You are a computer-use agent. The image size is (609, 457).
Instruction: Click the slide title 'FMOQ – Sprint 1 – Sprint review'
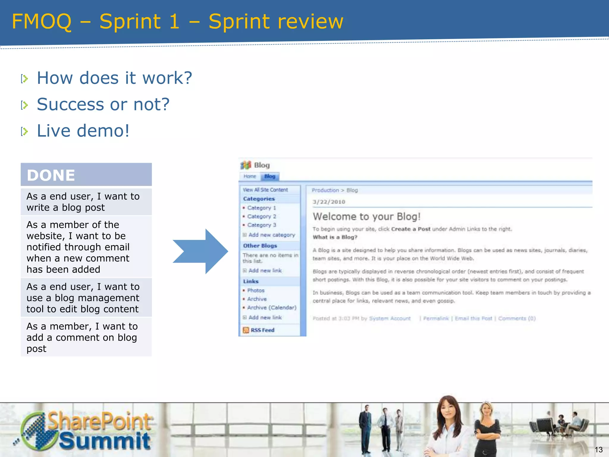click(x=177, y=21)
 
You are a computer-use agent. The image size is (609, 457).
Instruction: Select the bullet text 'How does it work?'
click(x=114, y=78)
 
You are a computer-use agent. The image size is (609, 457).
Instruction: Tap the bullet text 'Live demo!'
click(x=83, y=131)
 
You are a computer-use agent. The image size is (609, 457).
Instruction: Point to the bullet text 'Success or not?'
click(x=103, y=104)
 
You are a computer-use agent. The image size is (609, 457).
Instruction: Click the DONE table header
click(x=86, y=175)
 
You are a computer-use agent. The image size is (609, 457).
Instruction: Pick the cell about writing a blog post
click(x=86, y=202)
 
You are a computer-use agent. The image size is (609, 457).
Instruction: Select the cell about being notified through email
click(x=86, y=247)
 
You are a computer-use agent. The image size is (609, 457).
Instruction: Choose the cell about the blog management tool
click(x=86, y=298)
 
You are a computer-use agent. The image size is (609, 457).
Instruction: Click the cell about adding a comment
click(x=86, y=337)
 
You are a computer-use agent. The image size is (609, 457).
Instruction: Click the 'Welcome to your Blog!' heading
click(x=366, y=217)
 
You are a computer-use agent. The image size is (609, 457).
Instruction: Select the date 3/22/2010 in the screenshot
click(x=329, y=202)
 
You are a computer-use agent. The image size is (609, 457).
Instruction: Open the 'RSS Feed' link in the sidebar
click(x=262, y=330)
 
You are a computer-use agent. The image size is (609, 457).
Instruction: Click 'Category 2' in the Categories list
click(x=261, y=216)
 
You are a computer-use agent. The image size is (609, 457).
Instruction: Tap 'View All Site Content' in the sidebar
click(x=265, y=190)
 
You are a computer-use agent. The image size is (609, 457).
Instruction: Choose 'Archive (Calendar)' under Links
click(x=271, y=307)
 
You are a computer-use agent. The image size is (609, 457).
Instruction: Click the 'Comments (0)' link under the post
click(x=517, y=318)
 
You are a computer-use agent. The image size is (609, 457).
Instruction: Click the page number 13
click(x=598, y=450)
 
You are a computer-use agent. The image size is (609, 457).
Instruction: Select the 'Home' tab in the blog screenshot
click(x=250, y=176)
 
